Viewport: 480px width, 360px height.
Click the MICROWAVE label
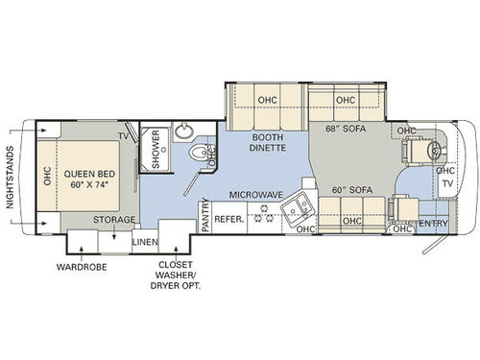tap(254, 194)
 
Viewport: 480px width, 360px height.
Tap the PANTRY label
tap(204, 217)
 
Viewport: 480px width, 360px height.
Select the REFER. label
tap(230, 218)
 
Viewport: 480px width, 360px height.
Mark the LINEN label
tap(145, 241)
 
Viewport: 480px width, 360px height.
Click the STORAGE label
tap(112, 220)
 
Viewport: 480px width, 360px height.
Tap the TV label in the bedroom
tap(123, 136)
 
